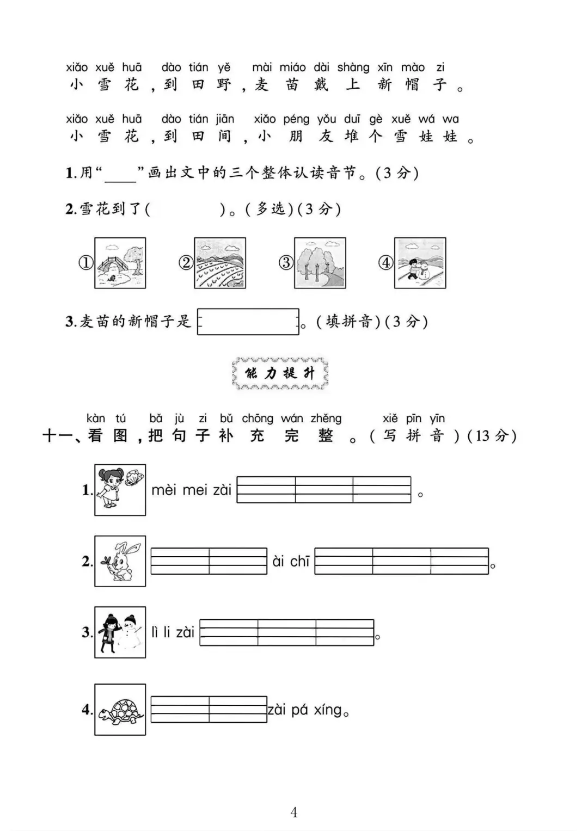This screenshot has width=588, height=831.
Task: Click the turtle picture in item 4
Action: click(120, 709)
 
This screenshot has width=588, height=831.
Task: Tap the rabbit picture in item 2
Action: click(120, 561)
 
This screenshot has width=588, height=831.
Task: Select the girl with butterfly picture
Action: click(120, 490)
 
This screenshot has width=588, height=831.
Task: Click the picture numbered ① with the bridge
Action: click(120, 263)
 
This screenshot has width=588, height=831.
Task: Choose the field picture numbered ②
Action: click(220, 263)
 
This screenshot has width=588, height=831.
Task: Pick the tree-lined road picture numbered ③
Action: click(320, 263)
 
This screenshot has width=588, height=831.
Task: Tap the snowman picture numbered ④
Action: click(420, 263)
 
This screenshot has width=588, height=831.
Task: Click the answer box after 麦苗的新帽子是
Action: click(248, 322)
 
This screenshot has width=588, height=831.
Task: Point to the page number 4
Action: click(294, 812)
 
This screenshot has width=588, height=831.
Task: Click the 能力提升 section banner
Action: click(280, 373)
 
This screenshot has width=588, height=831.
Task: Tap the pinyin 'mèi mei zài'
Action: click(191, 490)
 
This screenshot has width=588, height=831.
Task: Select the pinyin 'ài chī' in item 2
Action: click(291, 561)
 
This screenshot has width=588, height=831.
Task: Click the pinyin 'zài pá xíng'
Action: click(305, 710)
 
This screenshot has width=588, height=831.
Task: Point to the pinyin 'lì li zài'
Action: click(173, 632)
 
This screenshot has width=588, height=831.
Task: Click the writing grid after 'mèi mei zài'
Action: click(324, 490)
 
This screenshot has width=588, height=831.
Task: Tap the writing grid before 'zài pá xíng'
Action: click(209, 709)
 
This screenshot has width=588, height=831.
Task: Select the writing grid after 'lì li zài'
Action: click(286, 632)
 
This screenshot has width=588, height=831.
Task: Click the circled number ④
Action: click(385, 263)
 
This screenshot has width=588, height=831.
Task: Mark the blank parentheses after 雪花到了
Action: click(185, 209)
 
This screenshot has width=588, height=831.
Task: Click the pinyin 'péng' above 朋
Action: click(296, 119)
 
